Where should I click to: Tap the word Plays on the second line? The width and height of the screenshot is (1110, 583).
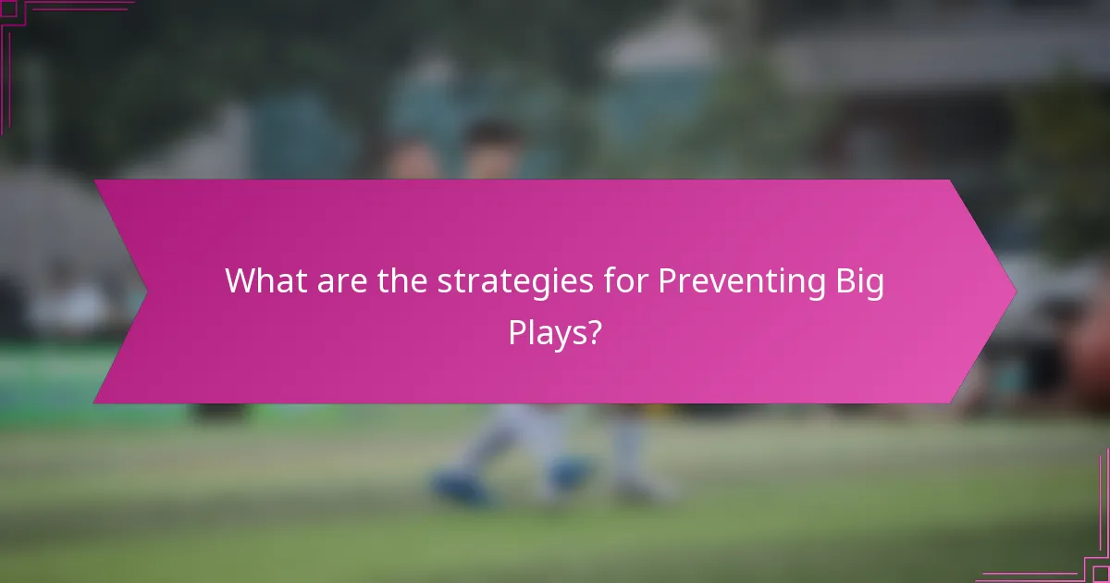pos(547,332)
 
